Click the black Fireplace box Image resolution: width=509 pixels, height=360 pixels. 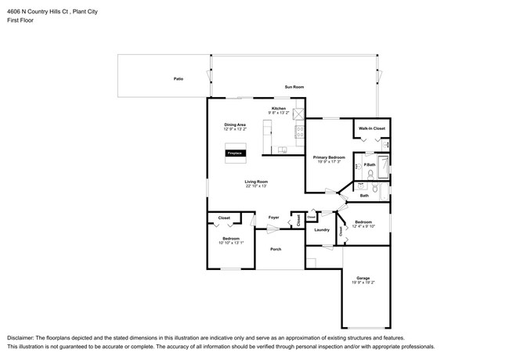click(x=234, y=153)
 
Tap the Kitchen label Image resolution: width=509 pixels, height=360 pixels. click(x=279, y=108)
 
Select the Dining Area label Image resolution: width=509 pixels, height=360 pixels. click(x=235, y=124)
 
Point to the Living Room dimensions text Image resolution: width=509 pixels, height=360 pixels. click(x=256, y=186)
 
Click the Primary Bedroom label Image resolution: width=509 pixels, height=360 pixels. click(x=329, y=157)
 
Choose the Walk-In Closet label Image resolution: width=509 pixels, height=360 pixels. click(x=371, y=128)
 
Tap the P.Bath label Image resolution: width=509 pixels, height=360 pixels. click(x=370, y=165)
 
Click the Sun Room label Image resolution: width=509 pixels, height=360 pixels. click(x=294, y=87)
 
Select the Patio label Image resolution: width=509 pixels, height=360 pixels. click(x=179, y=79)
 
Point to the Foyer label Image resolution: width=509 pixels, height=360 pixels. click(x=273, y=217)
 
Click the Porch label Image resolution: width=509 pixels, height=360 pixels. click(x=276, y=249)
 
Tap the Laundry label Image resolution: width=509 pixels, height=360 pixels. click(x=321, y=230)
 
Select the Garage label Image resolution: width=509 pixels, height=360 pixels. click(x=363, y=278)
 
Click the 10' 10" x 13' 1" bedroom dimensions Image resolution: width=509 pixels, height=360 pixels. click(x=231, y=243)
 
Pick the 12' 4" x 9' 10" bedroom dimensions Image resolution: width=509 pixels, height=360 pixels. click(x=363, y=226)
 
